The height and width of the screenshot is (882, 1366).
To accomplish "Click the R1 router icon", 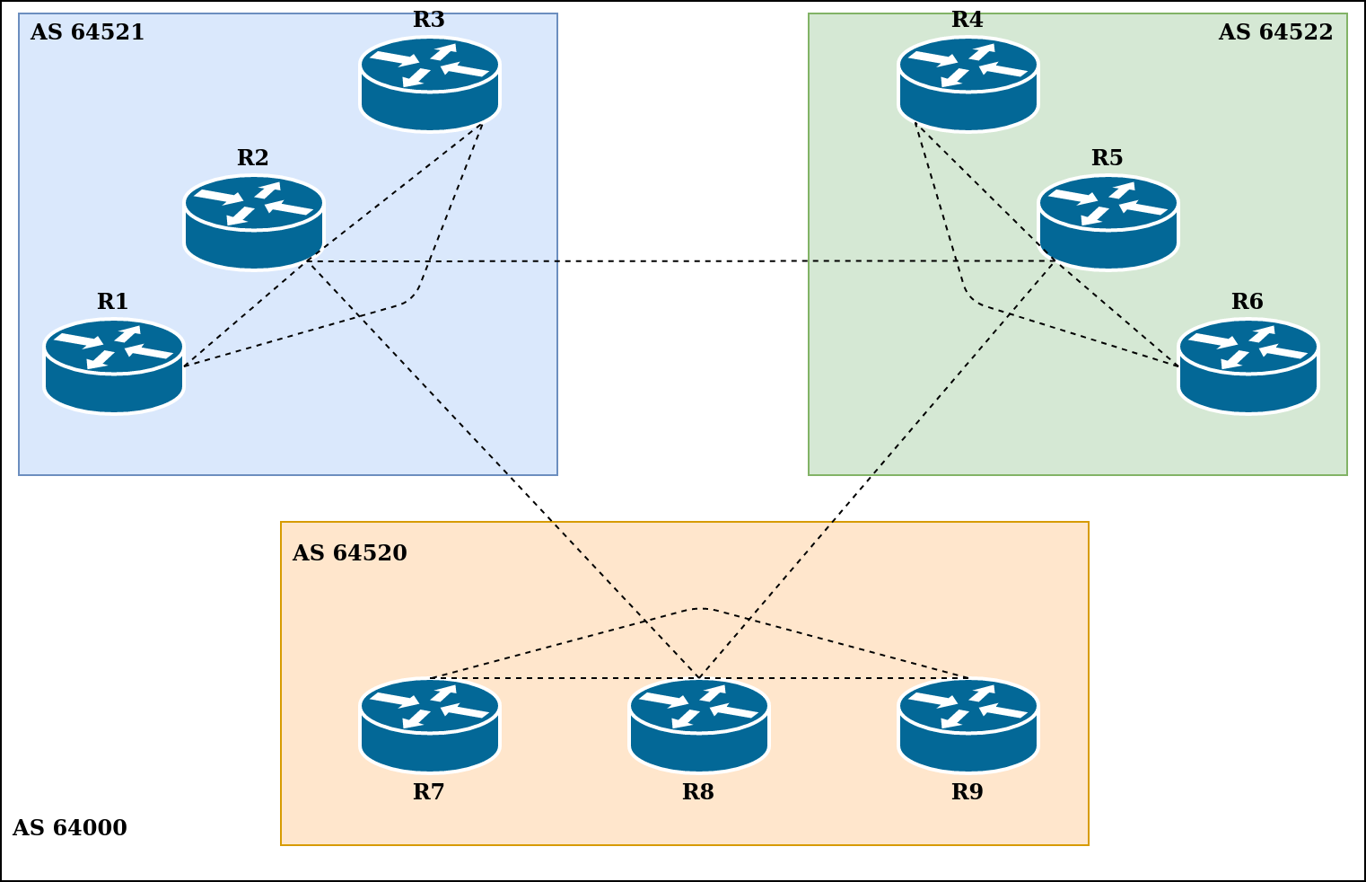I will coord(114,366).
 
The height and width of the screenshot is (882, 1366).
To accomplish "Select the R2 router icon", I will coord(254,223).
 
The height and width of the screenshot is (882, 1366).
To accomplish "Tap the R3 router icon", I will coord(430,84).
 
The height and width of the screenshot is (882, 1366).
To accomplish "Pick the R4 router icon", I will coord(968,84).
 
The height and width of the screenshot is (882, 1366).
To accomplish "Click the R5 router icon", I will coord(1108,223).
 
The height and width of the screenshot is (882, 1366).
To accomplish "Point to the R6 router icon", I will coord(1248,366).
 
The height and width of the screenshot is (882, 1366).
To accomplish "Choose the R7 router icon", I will coord(430,726).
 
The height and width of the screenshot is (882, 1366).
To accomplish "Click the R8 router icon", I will coord(699,726).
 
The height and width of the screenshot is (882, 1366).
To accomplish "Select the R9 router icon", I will coord(968,726).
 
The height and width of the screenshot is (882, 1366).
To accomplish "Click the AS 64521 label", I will coord(87,33).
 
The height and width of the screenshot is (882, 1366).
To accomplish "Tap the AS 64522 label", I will coord(1275,33).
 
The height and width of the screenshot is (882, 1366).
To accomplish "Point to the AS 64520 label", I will coord(349,553).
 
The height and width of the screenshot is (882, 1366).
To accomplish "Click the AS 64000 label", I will coord(69,828).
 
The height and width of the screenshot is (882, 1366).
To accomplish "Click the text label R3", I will coord(429,20).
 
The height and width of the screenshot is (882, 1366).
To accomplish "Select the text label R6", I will coord(1248,302).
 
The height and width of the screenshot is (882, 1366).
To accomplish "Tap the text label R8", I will coord(698,792).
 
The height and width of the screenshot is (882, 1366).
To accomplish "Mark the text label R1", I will coord(113,302).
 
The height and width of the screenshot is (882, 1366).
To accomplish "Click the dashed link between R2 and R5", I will coord(682,261).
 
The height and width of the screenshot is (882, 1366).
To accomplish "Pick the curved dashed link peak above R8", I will coord(700,609).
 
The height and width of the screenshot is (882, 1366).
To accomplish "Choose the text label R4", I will coord(968,20).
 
